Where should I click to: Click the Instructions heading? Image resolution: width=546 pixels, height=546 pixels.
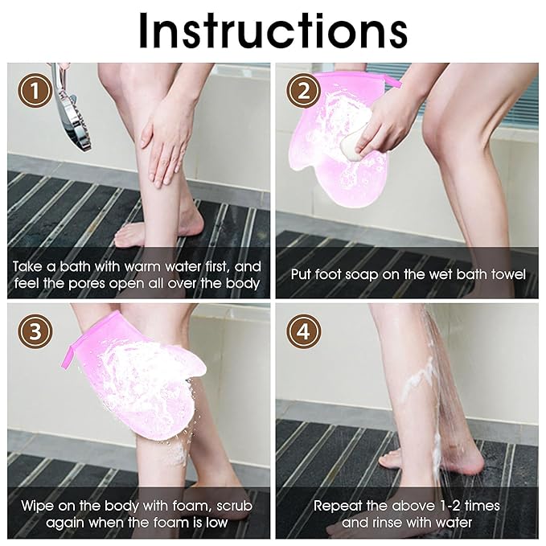(x=273, y=31)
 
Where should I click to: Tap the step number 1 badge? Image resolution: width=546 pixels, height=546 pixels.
(x=35, y=91)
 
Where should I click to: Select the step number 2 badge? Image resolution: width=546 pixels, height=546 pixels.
(x=303, y=91)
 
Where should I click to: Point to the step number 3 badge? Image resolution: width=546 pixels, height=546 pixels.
(x=35, y=330)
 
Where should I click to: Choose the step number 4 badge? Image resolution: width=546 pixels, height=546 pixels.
(x=303, y=330)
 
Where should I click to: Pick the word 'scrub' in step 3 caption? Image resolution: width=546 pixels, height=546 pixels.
(x=234, y=506)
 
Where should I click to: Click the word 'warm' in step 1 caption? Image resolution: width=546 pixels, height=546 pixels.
(x=143, y=267)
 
